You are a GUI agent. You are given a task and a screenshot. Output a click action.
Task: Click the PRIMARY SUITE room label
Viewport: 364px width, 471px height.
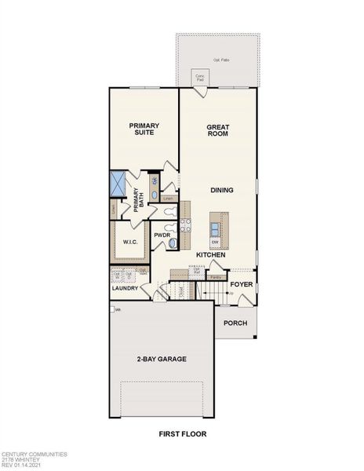pyautogui.click(x=144, y=130)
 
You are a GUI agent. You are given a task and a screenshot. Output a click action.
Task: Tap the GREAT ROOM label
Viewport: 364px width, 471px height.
pyautogui.click(x=217, y=130)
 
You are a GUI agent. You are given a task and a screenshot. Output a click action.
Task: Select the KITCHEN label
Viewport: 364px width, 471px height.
pyautogui.click(x=211, y=255)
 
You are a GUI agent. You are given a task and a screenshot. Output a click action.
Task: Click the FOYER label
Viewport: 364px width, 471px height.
pyautogui.click(x=241, y=285)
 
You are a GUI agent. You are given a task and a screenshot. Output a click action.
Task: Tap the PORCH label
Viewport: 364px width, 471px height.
pyautogui.click(x=235, y=323)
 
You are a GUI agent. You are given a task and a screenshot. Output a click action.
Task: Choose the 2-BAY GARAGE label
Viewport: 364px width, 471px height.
pyautogui.click(x=162, y=359)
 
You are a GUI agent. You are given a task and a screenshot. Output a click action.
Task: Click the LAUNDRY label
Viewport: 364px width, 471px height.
pyautogui.click(x=125, y=288)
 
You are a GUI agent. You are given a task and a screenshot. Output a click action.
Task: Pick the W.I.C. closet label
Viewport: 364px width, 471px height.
pyautogui.click(x=129, y=243)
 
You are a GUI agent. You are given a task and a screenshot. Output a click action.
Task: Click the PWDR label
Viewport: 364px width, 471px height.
pyautogui.click(x=162, y=235)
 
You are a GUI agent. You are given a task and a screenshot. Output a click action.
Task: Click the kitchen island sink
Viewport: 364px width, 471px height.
pyautogui.click(x=215, y=228)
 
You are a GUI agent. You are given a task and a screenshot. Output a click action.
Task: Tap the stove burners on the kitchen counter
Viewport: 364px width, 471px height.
pyautogui.click(x=186, y=228)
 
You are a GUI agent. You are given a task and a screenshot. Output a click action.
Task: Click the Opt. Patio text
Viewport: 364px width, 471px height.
pyautogui.click(x=221, y=60)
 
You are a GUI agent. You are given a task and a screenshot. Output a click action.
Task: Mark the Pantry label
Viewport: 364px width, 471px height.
pyautogui.click(x=217, y=277)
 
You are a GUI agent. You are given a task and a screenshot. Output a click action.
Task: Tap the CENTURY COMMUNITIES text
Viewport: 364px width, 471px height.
pyautogui.click(x=35, y=454)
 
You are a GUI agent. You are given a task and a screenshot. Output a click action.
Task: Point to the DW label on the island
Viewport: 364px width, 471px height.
pyautogui.click(x=214, y=243)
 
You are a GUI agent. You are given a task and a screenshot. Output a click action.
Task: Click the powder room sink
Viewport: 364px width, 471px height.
pyautogui.click(x=173, y=244)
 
